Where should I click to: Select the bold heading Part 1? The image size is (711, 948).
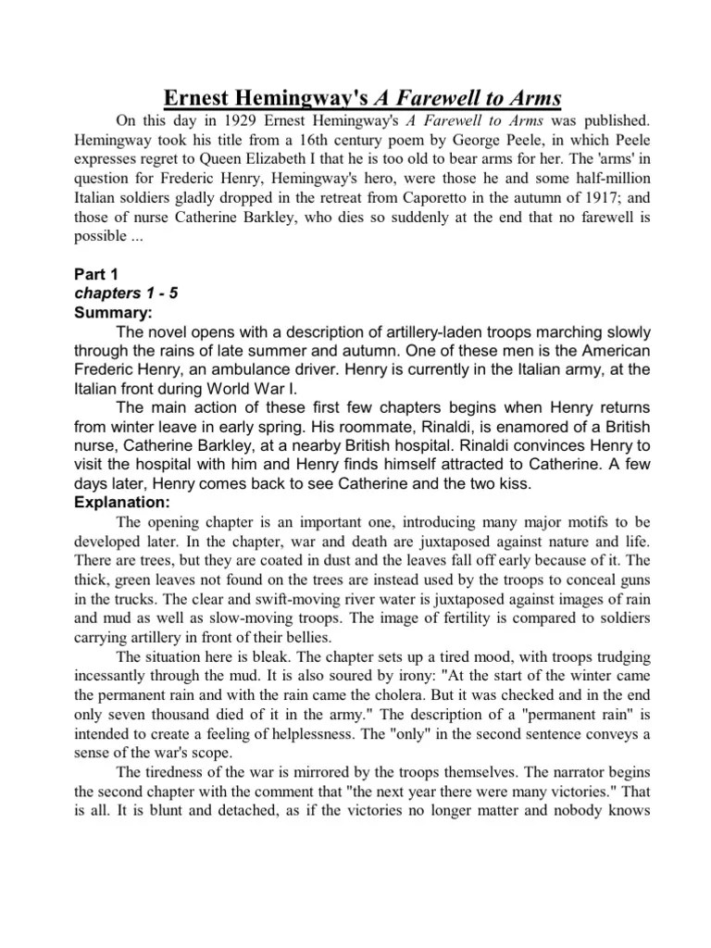(x=96, y=275)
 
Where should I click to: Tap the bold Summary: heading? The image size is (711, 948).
(x=110, y=312)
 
